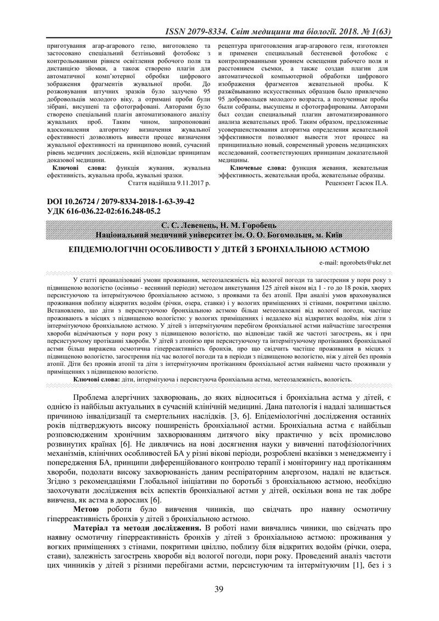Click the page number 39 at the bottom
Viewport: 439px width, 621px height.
tap(219, 590)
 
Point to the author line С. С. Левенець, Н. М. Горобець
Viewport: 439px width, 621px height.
tap(219, 226)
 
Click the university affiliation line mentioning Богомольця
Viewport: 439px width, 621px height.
tap(219, 234)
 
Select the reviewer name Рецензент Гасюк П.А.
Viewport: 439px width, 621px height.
tap(357, 183)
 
